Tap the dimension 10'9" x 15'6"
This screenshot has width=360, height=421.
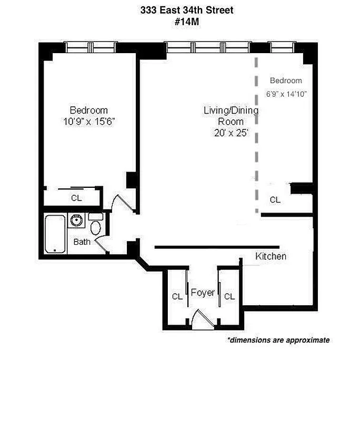(x=88, y=121)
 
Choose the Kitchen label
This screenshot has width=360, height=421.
(x=271, y=256)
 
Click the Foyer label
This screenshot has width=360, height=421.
(x=203, y=292)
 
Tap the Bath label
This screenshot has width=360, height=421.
(x=82, y=242)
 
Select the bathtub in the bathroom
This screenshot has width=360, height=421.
(x=54, y=233)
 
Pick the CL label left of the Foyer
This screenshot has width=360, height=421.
(x=177, y=297)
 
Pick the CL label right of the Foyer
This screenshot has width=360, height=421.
(x=229, y=297)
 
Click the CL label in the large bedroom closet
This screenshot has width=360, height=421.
(x=76, y=198)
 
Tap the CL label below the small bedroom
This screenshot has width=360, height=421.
(x=275, y=200)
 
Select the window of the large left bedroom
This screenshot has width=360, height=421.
(x=90, y=47)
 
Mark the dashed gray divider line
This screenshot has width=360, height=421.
(x=257, y=132)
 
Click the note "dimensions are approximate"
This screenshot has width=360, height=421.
(x=278, y=340)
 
